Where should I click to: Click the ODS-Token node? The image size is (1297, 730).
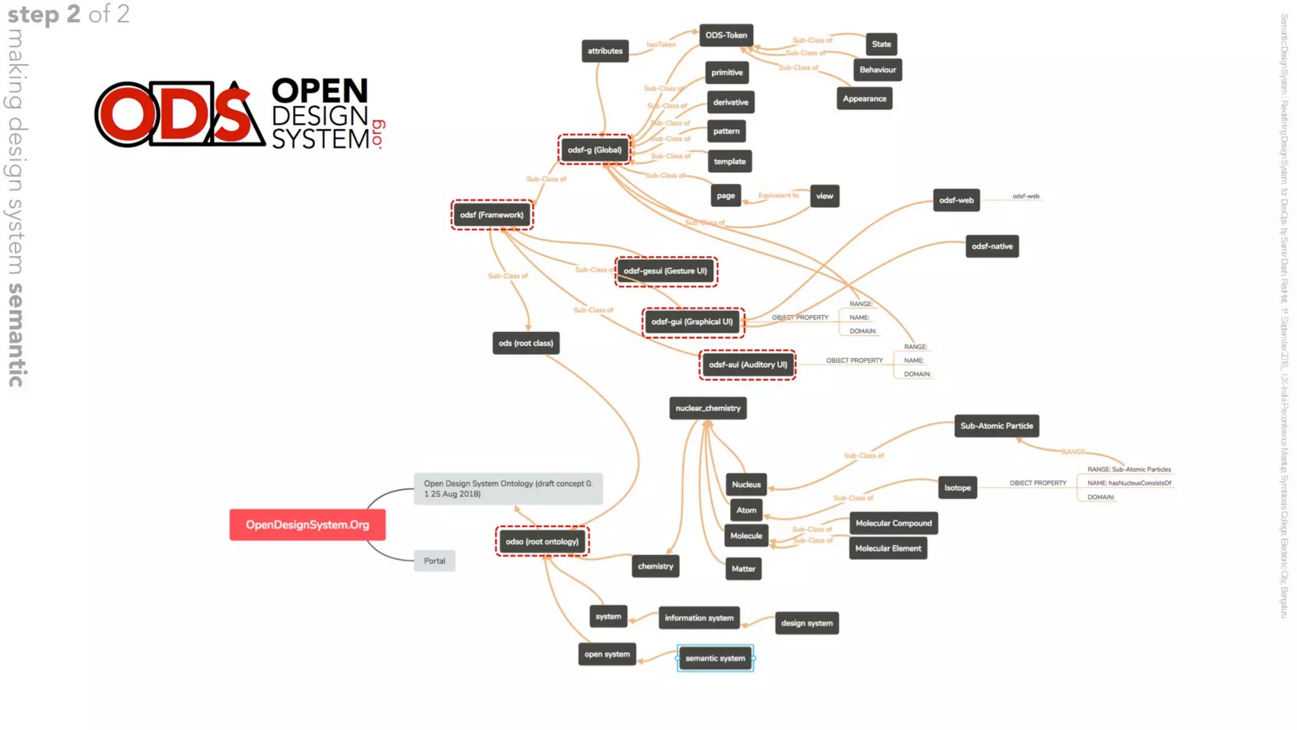click(726, 35)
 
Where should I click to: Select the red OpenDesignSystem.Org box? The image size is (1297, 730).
click(307, 525)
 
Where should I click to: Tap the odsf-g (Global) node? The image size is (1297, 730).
click(594, 150)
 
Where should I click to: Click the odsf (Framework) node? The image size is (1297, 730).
click(491, 215)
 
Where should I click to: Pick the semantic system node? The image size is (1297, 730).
click(715, 658)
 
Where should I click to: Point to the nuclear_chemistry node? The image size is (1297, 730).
click(707, 409)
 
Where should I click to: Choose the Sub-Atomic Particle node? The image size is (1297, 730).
click(996, 426)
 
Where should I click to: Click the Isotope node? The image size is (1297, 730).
click(957, 488)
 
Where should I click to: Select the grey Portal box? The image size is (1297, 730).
click(434, 561)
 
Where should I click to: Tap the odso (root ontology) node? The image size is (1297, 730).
click(542, 542)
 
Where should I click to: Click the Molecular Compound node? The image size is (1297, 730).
click(893, 523)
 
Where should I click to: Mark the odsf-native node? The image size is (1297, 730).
click(992, 247)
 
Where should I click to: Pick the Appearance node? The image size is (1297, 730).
click(864, 99)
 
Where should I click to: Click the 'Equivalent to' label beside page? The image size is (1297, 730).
click(778, 195)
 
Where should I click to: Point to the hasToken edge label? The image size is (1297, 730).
click(661, 45)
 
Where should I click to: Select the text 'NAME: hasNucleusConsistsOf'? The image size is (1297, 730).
click(1129, 483)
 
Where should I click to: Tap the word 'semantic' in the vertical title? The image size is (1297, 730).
click(16, 335)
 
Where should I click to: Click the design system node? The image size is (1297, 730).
click(806, 624)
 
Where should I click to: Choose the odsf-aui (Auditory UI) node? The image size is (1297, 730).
click(747, 365)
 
